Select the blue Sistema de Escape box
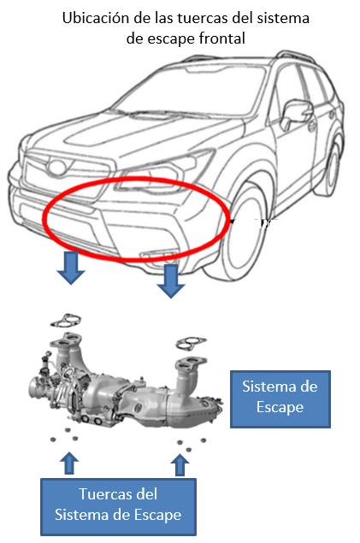click(280, 399)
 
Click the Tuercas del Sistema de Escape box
click(118, 507)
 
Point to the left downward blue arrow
click(71, 268)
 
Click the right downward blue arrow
click(171, 280)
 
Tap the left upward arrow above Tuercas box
click(69, 463)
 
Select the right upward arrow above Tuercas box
click(180, 464)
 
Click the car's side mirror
click(295, 113)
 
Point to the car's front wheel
click(245, 233)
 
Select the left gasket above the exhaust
click(66, 321)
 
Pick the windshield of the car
click(190, 91)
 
